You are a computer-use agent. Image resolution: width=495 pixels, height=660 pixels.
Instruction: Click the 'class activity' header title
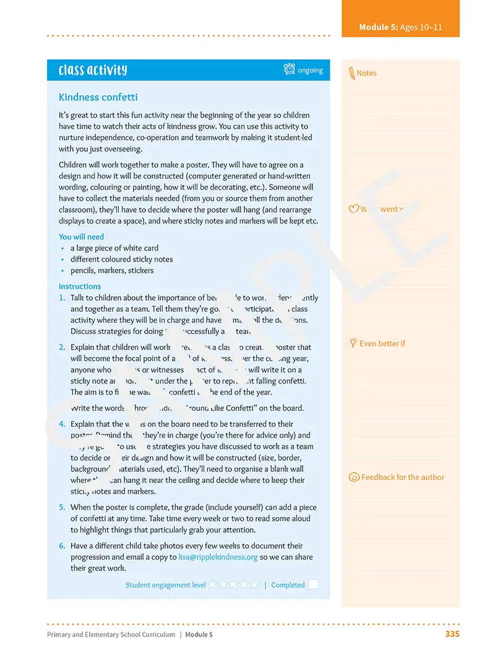(93, 70)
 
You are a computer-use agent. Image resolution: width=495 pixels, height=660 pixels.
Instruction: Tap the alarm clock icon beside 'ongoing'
(289, 69)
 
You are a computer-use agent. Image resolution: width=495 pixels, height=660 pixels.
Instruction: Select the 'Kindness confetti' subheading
(98, 97)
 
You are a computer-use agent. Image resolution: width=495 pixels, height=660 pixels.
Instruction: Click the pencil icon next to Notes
(351, 73)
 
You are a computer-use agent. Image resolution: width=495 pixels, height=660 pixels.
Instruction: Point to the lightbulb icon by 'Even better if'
(353, 343)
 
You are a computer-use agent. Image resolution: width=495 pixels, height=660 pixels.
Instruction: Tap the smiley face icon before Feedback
(354, 477)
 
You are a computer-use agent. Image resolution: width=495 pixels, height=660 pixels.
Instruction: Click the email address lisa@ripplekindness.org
(218, 557)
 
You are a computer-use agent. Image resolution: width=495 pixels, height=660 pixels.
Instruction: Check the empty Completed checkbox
(313, 585)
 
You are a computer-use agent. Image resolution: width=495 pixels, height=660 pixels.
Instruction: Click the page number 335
(452, 634)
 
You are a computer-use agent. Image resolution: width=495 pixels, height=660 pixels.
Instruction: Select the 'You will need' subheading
(81, 237)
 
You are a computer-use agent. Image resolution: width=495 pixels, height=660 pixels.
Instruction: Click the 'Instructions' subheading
(79, 286)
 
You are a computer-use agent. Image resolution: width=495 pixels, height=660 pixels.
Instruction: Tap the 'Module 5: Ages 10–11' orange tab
(400, 27)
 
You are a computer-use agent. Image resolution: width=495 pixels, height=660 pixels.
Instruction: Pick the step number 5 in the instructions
(62, 507)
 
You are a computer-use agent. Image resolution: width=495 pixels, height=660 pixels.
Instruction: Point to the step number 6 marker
(62, 546)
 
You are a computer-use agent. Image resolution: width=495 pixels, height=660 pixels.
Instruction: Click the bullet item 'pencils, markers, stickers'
(111, 270)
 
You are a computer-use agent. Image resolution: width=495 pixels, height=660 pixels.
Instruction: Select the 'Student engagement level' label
(165, 585)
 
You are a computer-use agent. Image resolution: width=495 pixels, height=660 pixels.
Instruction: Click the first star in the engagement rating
(213, 584)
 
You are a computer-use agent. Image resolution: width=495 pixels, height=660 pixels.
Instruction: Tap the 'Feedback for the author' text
(403, 477)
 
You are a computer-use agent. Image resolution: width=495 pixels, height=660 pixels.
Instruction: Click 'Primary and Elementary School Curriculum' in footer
(111, 635)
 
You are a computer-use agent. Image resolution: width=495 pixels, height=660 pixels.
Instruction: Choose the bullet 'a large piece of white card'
(114, 248)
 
